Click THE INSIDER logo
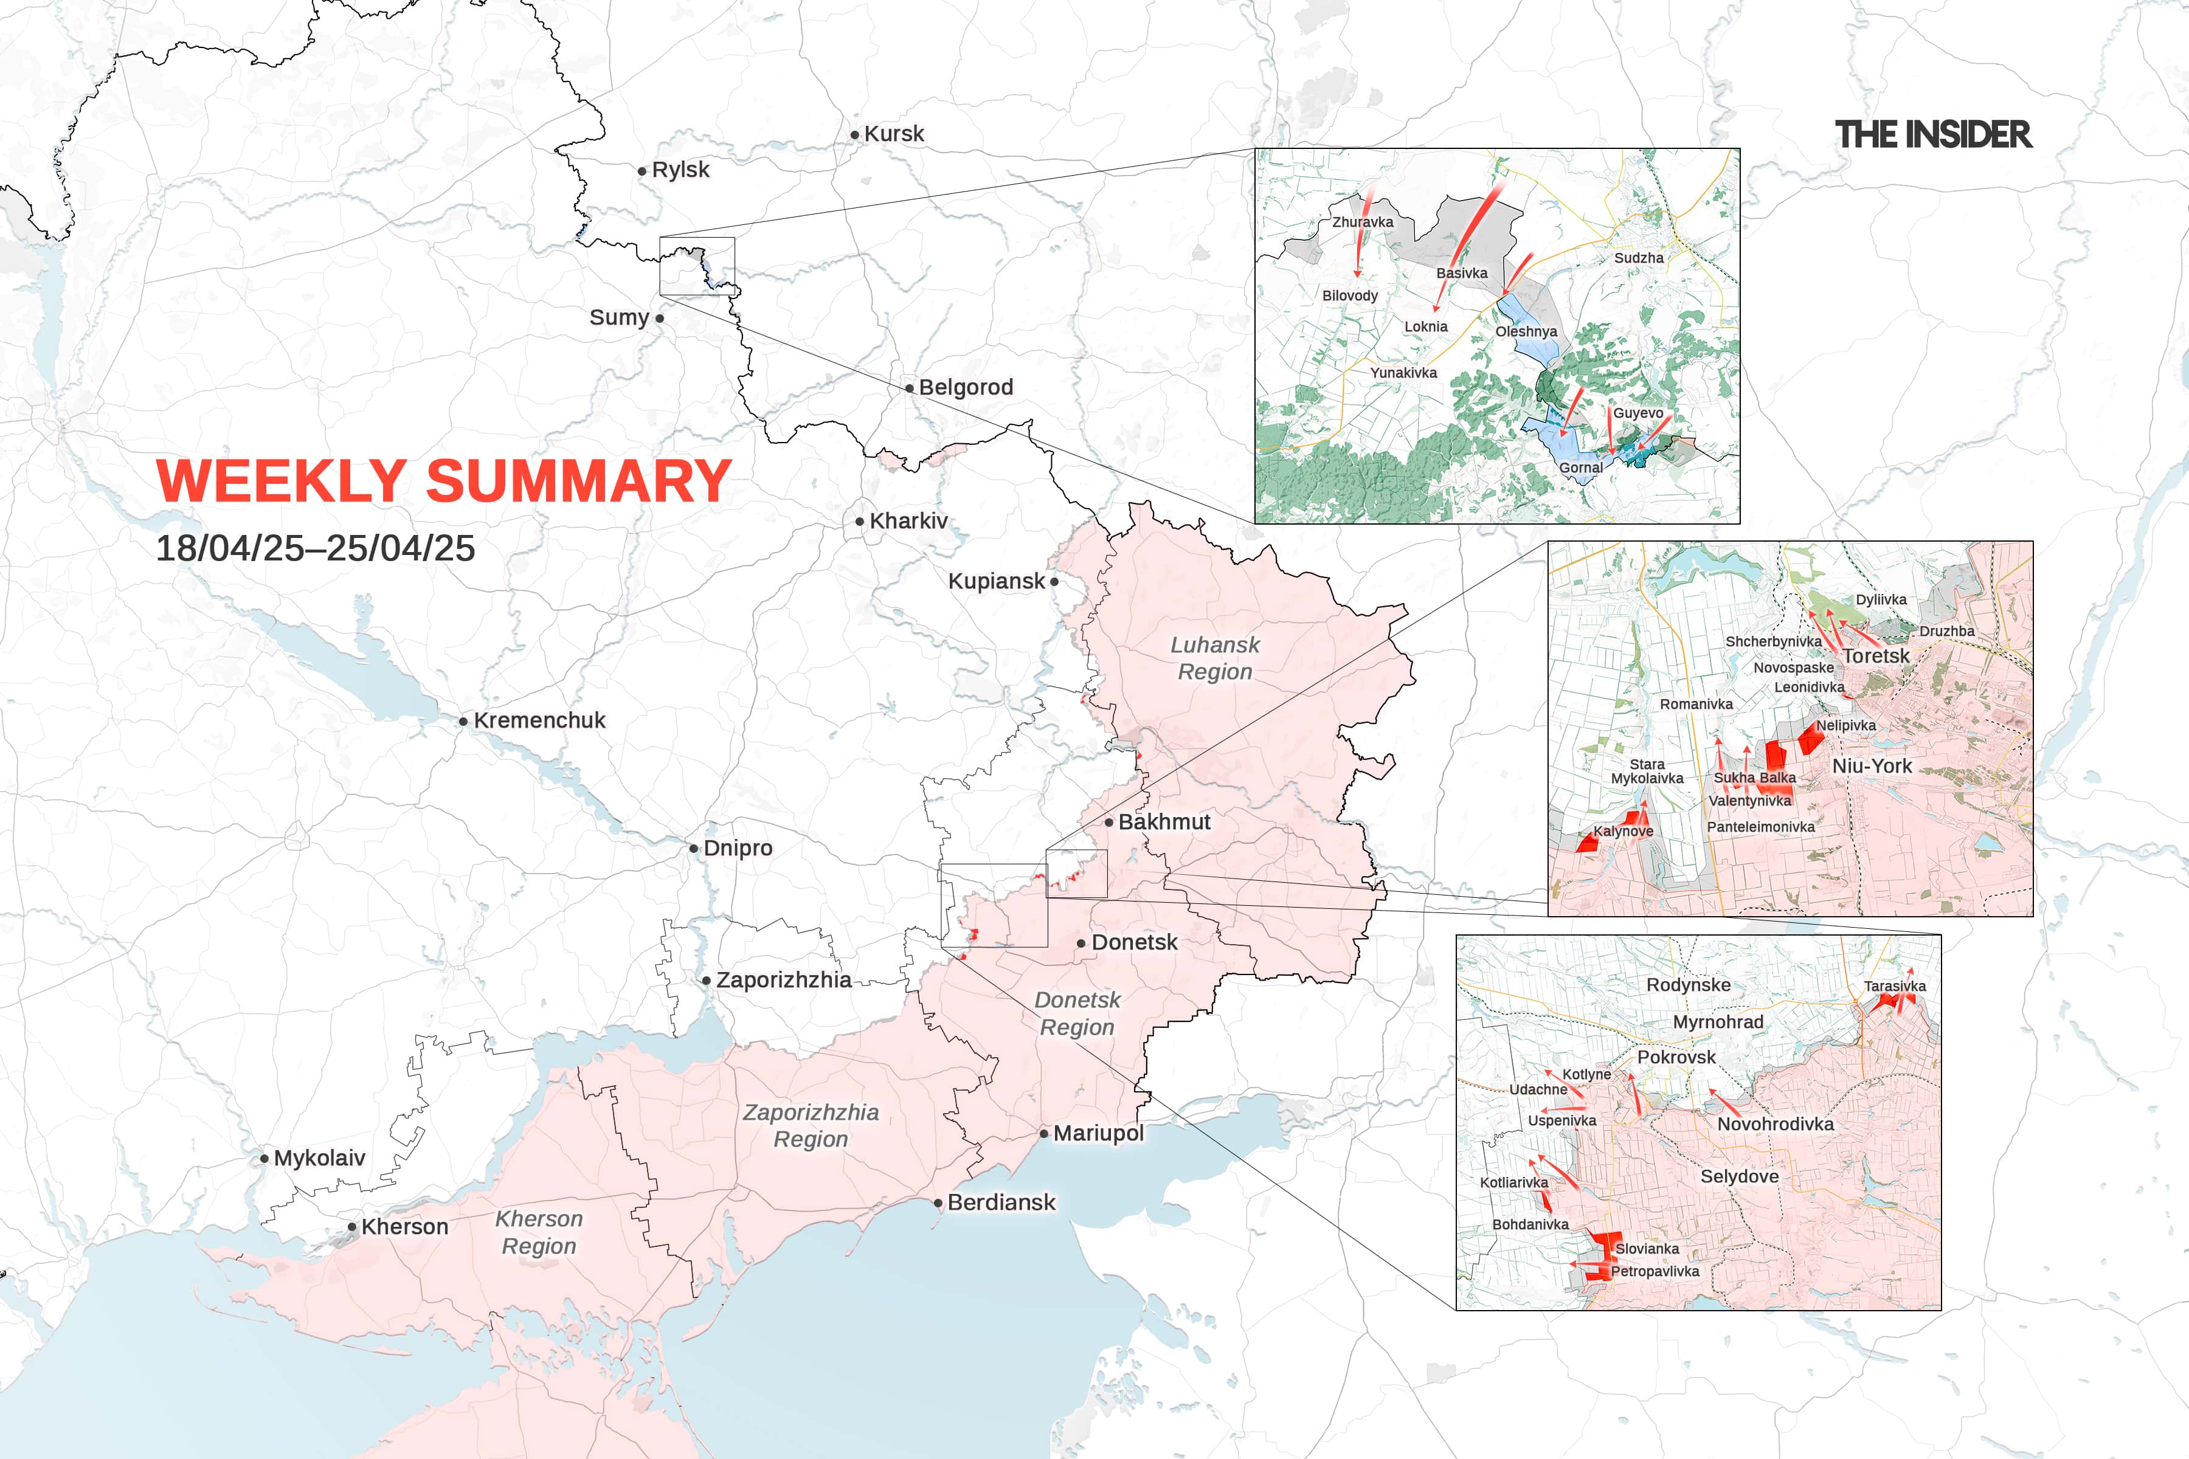tap(1933, 135)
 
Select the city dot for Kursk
tap(854, 135)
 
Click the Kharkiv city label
tap(908, 521)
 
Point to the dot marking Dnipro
tap(693, 849)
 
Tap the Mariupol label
tap(1098, 1133)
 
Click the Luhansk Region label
tap(1214, 658)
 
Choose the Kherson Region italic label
tap(539, 1232)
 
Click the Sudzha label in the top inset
tap(1639, 258)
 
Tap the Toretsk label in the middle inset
tap(1875, 656)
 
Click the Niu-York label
tap(1872, 766)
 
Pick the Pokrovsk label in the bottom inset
tap(1676, 1057)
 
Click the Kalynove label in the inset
tap(1623, 831)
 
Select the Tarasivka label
tap(1894, 986)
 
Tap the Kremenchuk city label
tap(539, 720)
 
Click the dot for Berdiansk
tap(938, 1203)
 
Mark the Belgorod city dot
tap(909, 388)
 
